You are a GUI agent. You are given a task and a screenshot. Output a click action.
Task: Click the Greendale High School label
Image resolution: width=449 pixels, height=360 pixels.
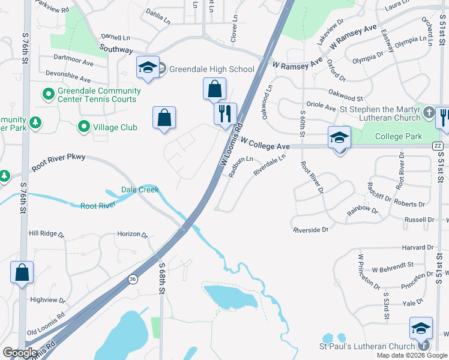pos(211,69)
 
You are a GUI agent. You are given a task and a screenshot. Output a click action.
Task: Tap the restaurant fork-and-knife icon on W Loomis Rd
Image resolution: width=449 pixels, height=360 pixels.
pos(226,113)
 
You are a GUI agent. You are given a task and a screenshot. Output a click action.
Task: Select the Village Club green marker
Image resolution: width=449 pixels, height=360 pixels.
pos(84,127)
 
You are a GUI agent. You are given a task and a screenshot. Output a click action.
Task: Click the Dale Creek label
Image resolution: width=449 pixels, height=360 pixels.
pos(140,190)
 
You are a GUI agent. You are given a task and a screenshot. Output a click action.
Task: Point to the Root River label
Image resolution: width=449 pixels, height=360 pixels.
pos(98,206)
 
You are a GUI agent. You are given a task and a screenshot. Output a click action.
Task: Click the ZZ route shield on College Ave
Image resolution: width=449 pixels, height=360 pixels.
pos(438,146)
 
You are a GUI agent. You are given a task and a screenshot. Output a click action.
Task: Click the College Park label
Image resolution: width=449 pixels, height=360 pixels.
pos(398,136)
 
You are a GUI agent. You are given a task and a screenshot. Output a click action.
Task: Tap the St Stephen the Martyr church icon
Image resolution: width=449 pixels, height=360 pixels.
pos(429,113)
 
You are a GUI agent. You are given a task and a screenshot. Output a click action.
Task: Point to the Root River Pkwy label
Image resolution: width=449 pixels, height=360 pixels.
pos(59,163)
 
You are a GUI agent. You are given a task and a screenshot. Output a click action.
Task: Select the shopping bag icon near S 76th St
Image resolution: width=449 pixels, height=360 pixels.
pos(22,273)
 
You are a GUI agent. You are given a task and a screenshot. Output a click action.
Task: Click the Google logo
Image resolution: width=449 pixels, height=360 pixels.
pos(20,352)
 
